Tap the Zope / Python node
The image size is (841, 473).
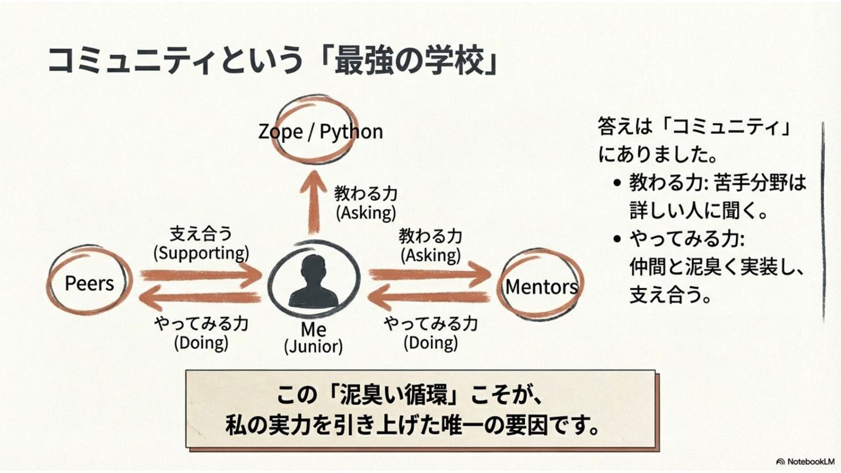(320, 131)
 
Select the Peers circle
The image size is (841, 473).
(89, 283)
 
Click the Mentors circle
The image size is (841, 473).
(541, 286)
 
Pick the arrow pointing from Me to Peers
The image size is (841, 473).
(199, 299)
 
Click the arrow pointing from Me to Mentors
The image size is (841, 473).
(429, 273)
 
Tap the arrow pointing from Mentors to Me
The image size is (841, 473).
(429, 298)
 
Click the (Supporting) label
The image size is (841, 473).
(201, 253)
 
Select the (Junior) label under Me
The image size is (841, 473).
(314, 346)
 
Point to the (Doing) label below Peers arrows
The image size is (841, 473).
(201, 342)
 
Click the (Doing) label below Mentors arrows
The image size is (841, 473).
(430, 342)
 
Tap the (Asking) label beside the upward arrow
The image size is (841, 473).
(366, 212)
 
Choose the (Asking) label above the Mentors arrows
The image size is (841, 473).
(430, 255)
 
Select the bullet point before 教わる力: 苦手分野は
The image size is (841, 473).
(617, 183)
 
